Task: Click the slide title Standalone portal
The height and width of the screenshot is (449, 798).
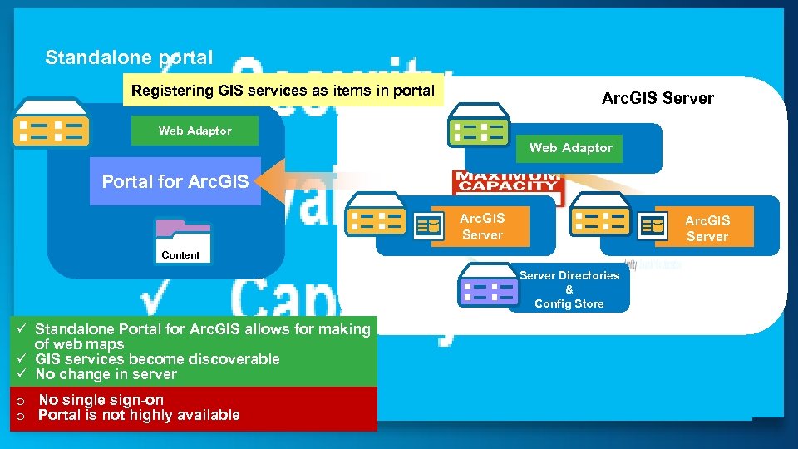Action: tap(129, 58)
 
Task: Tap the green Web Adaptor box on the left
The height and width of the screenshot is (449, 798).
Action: tap(195, 131)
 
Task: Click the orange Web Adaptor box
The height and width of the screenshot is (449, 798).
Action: tap(570, 148)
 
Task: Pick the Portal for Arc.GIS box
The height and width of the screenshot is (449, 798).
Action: tap(175, 181)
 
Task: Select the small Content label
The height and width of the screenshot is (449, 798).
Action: tap(180, 255)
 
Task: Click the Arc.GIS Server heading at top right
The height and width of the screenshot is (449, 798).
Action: tap(658, 98)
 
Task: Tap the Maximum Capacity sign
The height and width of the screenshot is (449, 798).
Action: tap(509, 182)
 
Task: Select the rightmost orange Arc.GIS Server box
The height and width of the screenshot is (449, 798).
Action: tap(707, 229)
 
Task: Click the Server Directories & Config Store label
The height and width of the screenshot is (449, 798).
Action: tap(569, 289)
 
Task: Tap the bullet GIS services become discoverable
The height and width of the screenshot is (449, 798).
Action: tap(157, 359)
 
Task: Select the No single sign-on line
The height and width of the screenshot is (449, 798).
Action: tap(101, 400)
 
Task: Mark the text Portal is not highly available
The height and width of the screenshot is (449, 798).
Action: tap(139, 415)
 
